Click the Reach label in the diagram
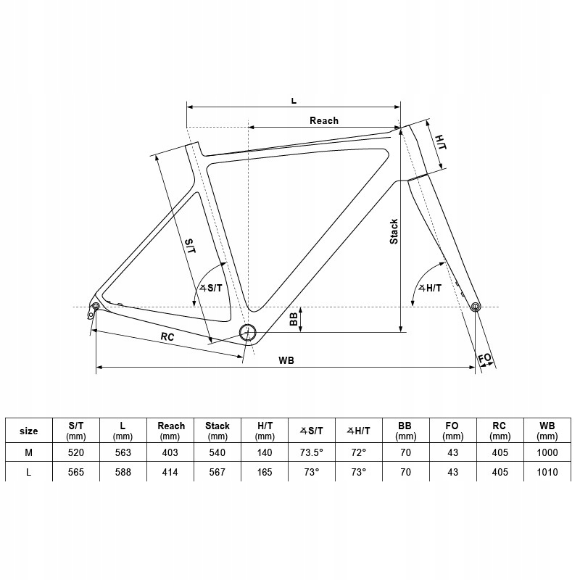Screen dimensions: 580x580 (323, 120)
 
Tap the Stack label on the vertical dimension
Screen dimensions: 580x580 (394, 231)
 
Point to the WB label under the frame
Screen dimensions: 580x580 (285, 360)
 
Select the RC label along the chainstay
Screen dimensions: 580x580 (167, 337)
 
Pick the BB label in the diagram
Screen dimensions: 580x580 (294, 320)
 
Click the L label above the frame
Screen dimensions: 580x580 (294, 100)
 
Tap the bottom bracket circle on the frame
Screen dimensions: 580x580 (249, 332)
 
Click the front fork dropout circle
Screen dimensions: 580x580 (476, 307)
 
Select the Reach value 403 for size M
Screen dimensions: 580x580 (171, 452)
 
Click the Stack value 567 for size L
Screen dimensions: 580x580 (217, 473)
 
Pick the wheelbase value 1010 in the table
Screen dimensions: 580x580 (548, 473)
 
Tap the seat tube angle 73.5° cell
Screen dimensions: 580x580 (311, 452)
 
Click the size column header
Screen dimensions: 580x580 (29, 431)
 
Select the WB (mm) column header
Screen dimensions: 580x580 (548, 431)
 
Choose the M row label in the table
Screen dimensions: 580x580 (29, 452)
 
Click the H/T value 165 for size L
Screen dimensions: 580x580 (264, 473)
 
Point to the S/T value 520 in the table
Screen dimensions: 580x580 (76, 452)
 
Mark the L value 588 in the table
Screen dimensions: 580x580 (123, 473)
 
